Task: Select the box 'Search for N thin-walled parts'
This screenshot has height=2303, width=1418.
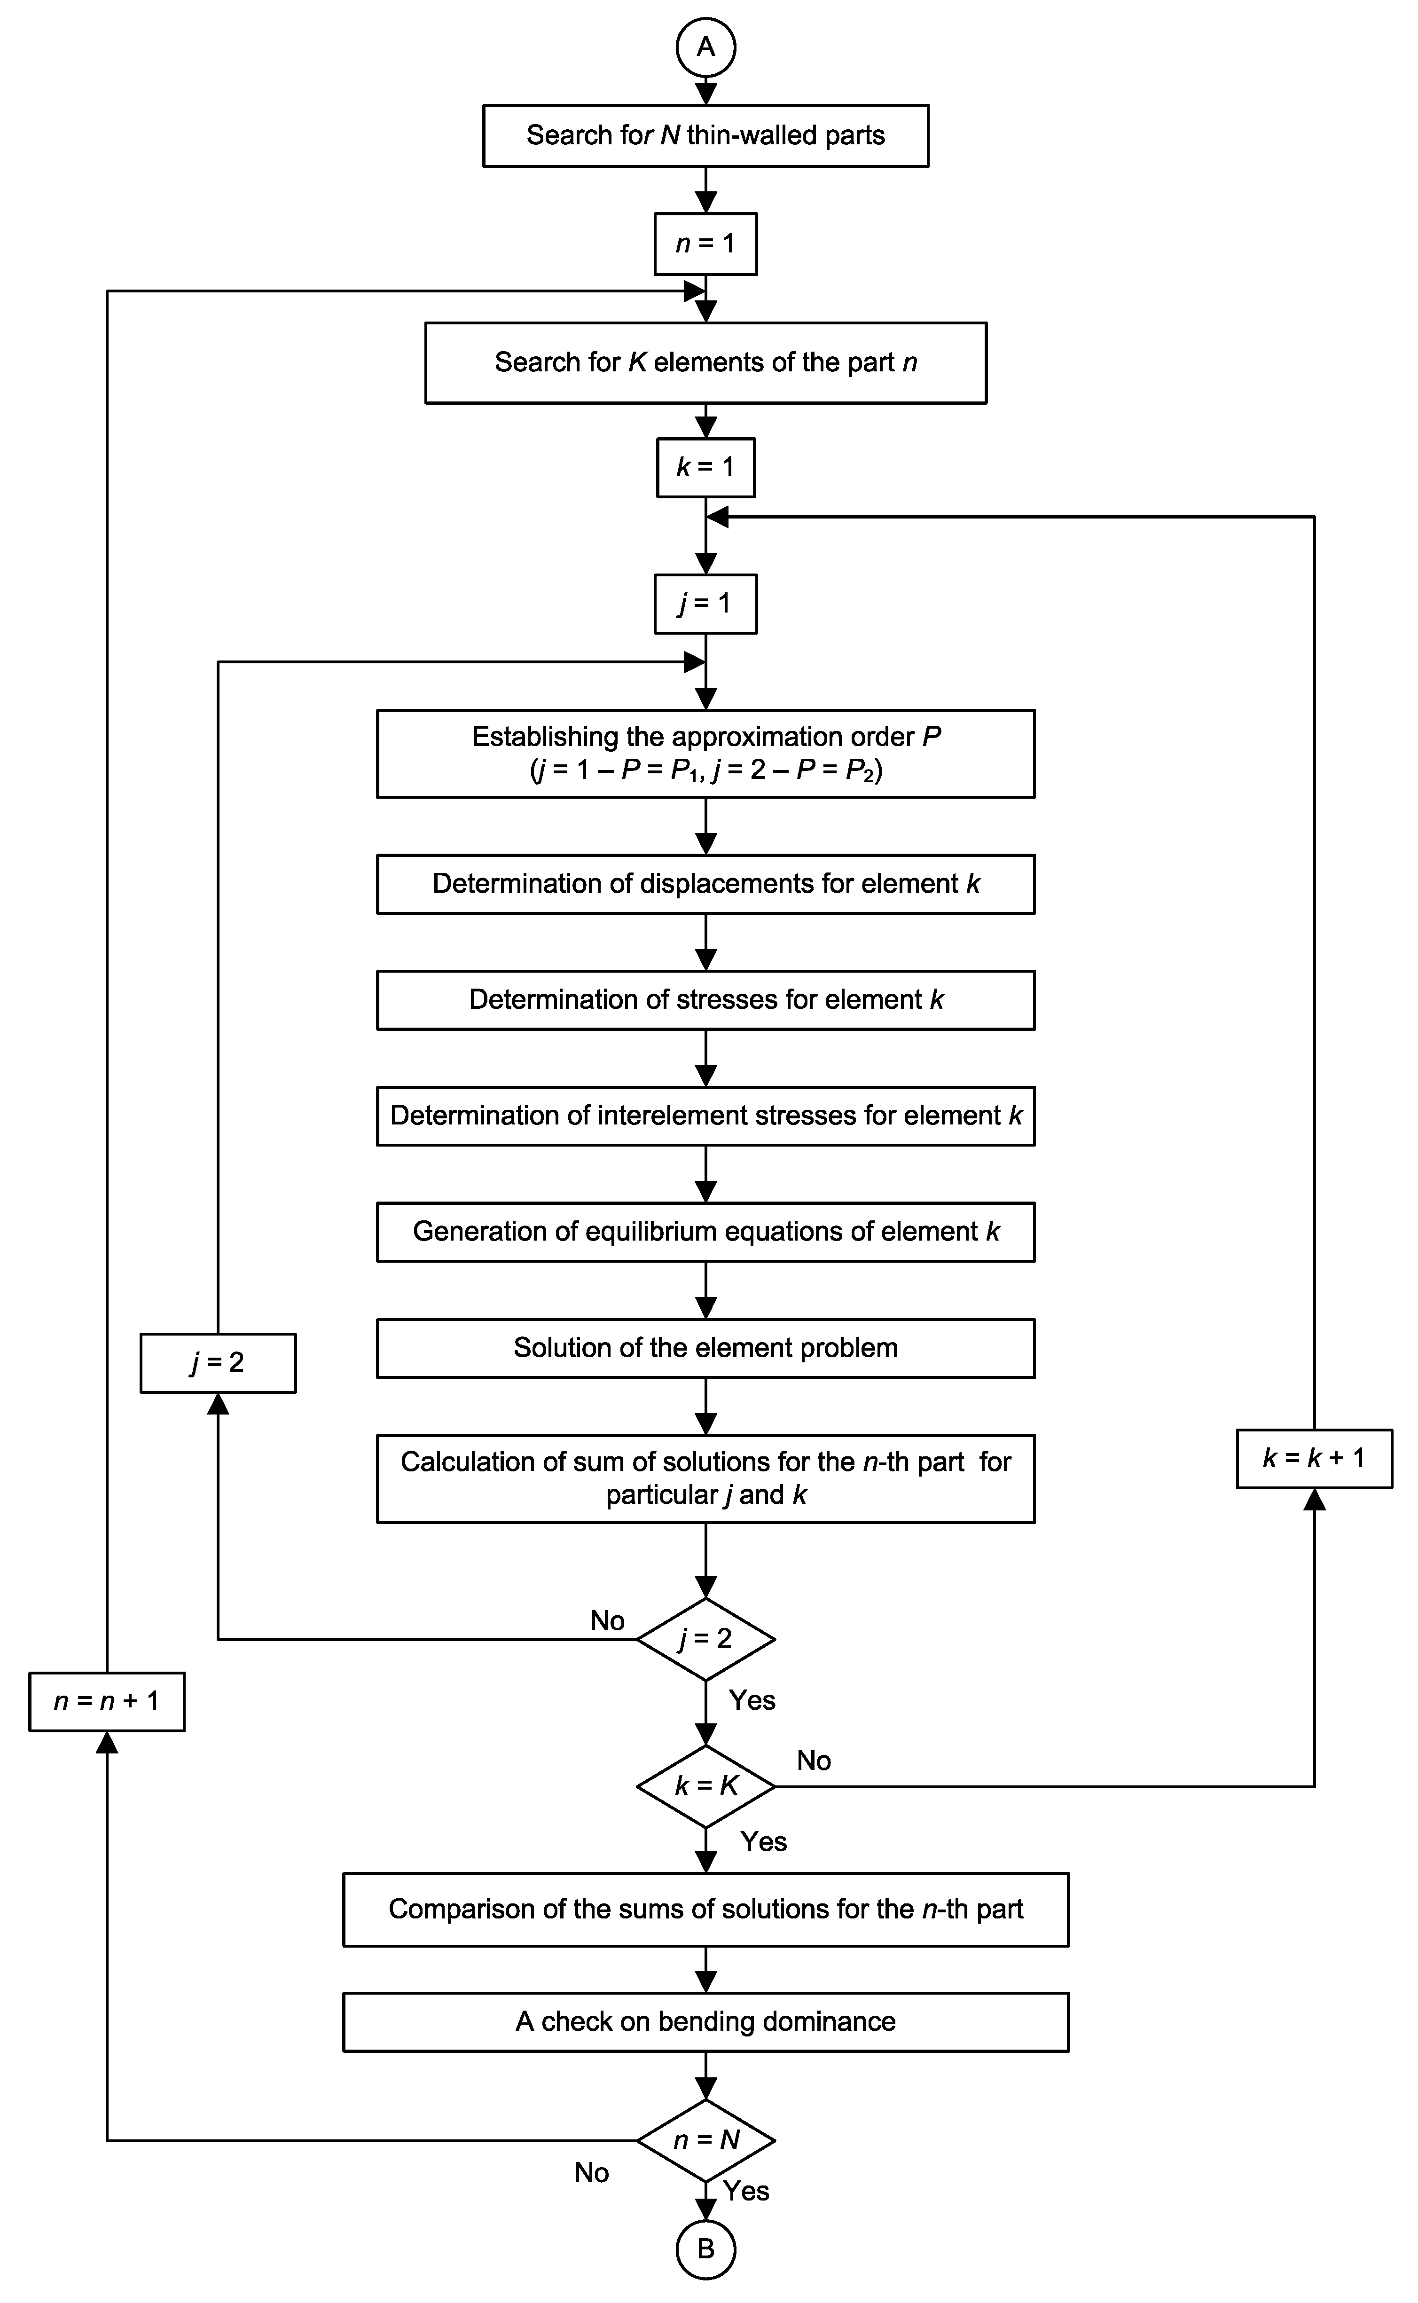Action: click(x=705, y=135)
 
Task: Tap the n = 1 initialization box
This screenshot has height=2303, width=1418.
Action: click(x=705, y=244)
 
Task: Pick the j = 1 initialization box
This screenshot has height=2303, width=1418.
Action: click(x=705, y=603)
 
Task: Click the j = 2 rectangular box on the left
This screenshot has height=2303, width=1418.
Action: click(x=218, y=1362)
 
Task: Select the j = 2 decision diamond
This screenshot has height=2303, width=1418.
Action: click(x=705, y=1639)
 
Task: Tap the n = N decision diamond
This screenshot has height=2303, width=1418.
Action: click(x=705, y=2140)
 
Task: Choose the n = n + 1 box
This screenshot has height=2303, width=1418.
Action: click(x=106, y=1701)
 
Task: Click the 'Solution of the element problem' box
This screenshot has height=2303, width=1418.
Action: click(x=705, y=1348)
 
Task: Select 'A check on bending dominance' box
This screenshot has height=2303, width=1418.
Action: click(x=705, y=2021)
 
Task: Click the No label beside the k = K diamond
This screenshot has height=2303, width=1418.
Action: click(x=813, y=1761)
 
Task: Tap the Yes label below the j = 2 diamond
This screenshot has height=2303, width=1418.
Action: click(x=752, y=1700)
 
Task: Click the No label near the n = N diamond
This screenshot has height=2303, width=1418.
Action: click(x=592, y=2173)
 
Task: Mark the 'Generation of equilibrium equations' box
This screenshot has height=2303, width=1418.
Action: click(x=705, y=1232)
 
